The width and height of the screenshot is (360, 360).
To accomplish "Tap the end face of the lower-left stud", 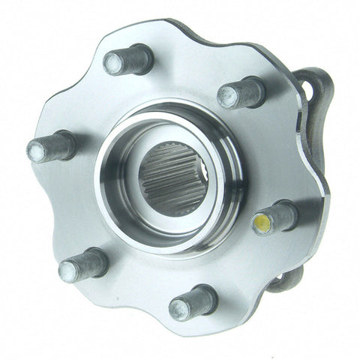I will tap(67, 269).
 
